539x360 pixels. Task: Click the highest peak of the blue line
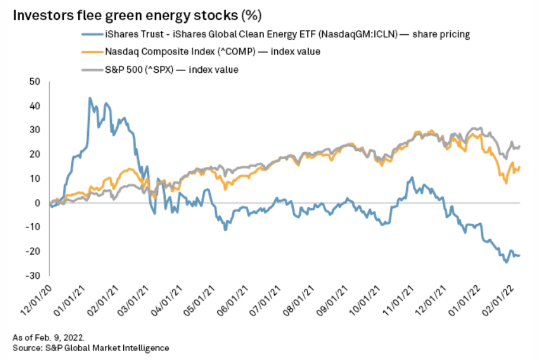coord(89,98)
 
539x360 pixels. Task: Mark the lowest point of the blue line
coord(506,262)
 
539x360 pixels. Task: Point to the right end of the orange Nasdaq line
coord(519,168)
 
